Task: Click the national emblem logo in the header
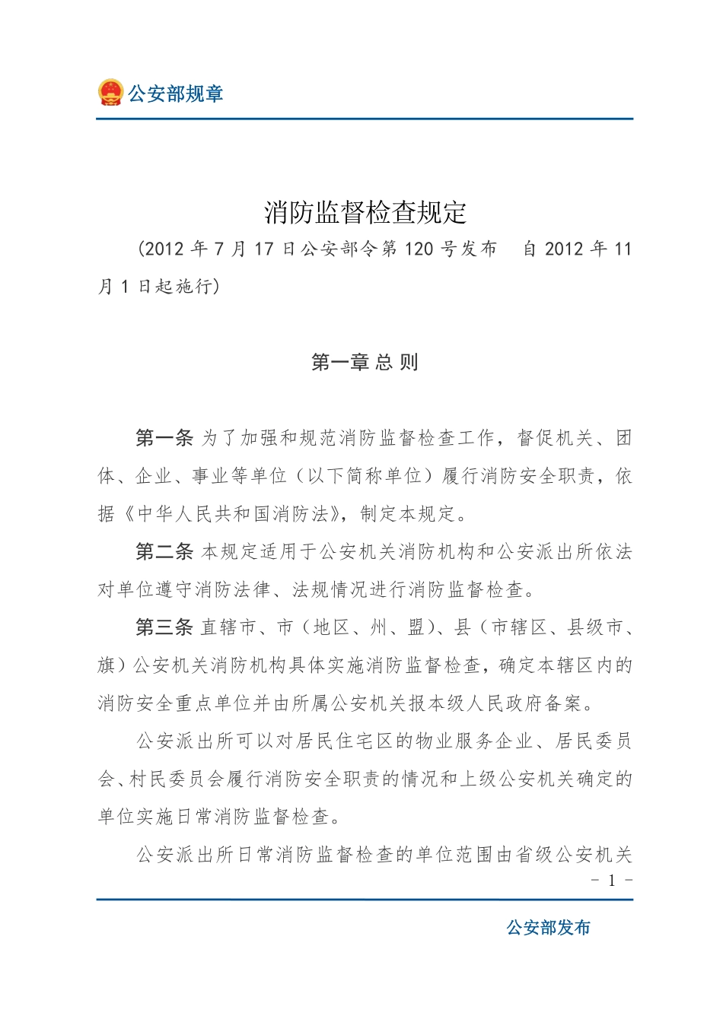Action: [110, 93]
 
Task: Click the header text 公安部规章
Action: [175, 94]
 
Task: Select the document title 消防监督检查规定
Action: [365, 212]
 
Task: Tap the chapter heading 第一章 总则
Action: [365, 362]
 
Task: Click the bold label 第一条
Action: [164, 438]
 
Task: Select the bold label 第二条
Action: [164, 551]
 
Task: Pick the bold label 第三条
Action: [164, 627]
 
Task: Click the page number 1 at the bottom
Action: [612, 881]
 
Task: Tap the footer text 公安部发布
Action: [548, 928]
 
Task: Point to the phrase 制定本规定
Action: [408, 514]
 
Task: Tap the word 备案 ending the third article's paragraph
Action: [564, 703]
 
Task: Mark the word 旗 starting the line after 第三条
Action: [107, 665]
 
